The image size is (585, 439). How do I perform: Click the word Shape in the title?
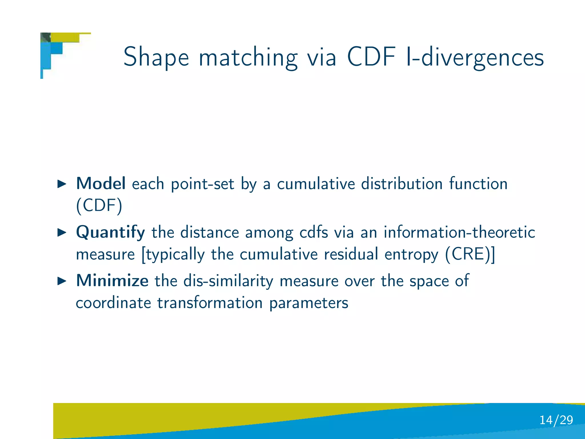click(156, 57)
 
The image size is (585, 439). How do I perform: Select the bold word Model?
click(101, 183)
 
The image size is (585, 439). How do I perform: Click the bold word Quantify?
click(110, 232)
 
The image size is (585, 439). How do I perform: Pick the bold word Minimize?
click(112, 281)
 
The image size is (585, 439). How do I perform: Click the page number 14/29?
click(556, 420)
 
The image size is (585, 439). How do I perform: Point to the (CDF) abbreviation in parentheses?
click(99, 205)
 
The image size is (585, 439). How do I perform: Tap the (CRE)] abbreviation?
click(470, 254)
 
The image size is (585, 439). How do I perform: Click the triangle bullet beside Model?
click(62, 184)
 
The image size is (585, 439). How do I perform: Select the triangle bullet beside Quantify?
click(62, 232)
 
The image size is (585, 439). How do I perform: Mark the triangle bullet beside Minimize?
click(62, 281)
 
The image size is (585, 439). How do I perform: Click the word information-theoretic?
click(459, 232)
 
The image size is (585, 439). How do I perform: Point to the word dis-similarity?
click(228, 281)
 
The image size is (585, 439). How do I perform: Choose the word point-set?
click(203, 184)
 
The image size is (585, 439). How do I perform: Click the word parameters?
click(309, 303)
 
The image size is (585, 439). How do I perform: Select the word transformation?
click(210, 303)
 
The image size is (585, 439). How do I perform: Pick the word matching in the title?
click(248, 57)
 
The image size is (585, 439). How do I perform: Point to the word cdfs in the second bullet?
click(314, 232)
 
